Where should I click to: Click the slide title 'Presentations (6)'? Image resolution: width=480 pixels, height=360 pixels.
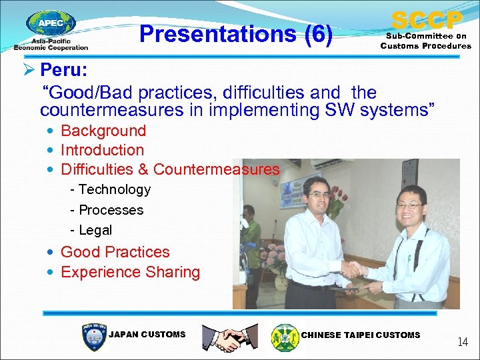tap(236, 33)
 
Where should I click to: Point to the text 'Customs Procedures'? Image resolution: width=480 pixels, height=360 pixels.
tap(425, 46)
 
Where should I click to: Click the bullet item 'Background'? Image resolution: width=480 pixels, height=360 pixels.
tap(103, 131)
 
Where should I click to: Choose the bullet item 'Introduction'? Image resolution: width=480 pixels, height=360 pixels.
tap(102, 150)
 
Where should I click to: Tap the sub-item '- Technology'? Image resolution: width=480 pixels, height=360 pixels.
tap(111, 189)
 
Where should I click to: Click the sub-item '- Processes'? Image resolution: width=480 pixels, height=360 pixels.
tap(107, 210)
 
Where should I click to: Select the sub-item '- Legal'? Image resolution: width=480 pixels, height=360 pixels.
tap(91, 230)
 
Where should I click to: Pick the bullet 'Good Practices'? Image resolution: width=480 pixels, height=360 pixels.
tap(115, 252)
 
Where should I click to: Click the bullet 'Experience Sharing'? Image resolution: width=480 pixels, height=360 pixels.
tap(130, 272)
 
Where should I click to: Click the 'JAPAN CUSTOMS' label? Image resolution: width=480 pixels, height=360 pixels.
tap(147, 335)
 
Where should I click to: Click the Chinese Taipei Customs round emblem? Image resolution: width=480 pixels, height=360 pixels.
tap(285, 337)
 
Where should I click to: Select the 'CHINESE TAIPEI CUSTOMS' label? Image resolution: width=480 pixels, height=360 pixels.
tap(361, 335)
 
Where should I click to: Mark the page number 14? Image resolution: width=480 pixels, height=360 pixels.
tap(462, 342)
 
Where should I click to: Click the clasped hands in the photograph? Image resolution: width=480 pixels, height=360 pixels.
tap(353, 269)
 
